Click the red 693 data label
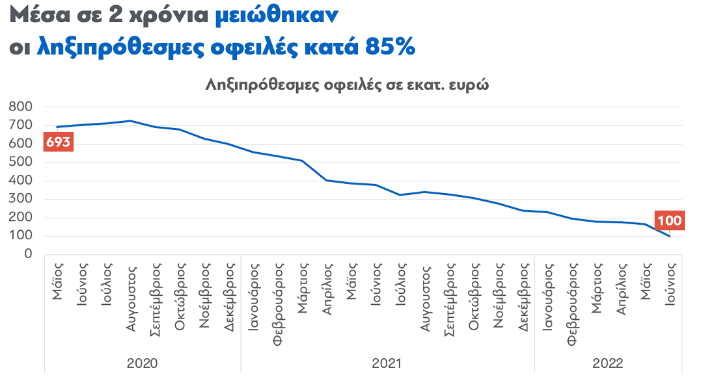(58, 142)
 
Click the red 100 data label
(669, 220)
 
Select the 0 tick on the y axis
(28, 254)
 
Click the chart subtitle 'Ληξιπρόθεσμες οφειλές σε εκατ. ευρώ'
(347, 84)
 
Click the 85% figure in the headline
(390, 46)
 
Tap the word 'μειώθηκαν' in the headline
(277, 16)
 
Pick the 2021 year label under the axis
(387, 363)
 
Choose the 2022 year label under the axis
(608, 363)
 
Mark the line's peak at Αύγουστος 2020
(130, 121)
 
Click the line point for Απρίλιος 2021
(326, 180)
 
